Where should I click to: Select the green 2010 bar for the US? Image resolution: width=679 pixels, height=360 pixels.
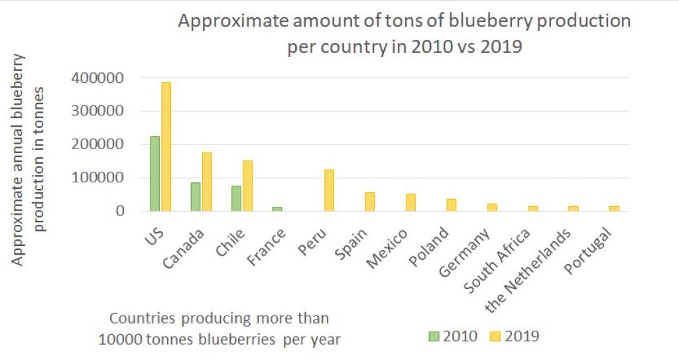coord(154,174)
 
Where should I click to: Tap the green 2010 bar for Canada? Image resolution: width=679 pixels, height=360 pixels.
coord(196,197)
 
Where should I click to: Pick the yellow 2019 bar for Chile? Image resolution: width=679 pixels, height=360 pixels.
coord(247,186)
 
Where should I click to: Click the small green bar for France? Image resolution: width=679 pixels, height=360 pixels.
coord(277,209)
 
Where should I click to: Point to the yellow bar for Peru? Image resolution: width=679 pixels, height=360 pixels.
coord(330,190)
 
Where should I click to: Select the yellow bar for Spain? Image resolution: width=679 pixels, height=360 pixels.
coord(370,202)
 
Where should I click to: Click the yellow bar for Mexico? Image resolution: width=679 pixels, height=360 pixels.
coord(411,202)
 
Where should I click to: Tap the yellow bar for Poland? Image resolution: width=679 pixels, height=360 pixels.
coord(452,205)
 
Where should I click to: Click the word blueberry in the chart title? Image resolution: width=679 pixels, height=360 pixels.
coord(491,22)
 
